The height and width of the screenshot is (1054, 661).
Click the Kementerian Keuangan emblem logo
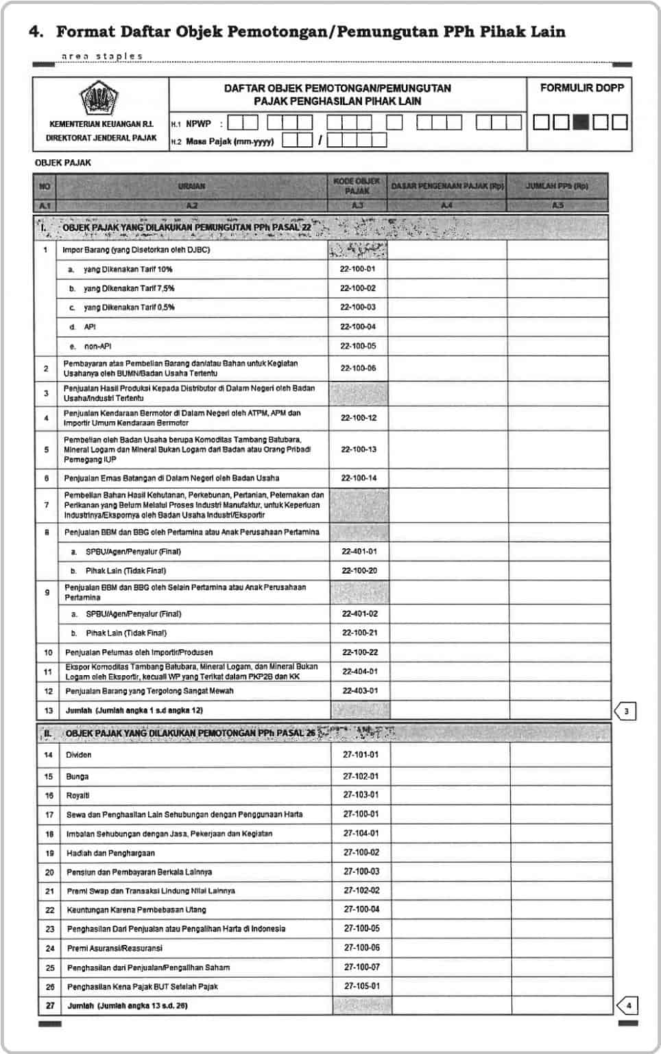(100, 99)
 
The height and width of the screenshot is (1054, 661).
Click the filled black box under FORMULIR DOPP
(580, 122)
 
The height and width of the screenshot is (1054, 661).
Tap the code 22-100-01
(357, 269)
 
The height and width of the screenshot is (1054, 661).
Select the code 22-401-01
(359, 551)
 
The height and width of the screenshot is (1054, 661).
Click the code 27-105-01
(361, 986)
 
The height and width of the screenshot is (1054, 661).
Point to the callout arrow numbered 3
(625, 711)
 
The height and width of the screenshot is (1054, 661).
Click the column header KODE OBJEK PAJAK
(357, 186)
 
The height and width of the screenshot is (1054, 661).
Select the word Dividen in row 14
(78, 755)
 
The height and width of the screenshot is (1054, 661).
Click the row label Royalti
(77, 795)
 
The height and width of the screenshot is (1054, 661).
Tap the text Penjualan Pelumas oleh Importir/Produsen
(139, 652)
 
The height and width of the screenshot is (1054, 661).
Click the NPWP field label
(198, 124)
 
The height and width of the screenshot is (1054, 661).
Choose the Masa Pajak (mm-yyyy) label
(230, 141)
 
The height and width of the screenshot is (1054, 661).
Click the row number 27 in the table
(49, 1006)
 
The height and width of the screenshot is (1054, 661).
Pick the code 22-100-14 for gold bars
(359, 478)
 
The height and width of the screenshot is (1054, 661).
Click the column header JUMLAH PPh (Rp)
(557, 186)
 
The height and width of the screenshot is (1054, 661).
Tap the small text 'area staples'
(102, 56)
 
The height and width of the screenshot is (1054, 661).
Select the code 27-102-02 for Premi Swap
(361, 890)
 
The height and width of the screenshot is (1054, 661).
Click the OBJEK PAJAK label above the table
(63, 163)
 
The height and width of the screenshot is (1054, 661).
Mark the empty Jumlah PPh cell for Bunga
(560, 776)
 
